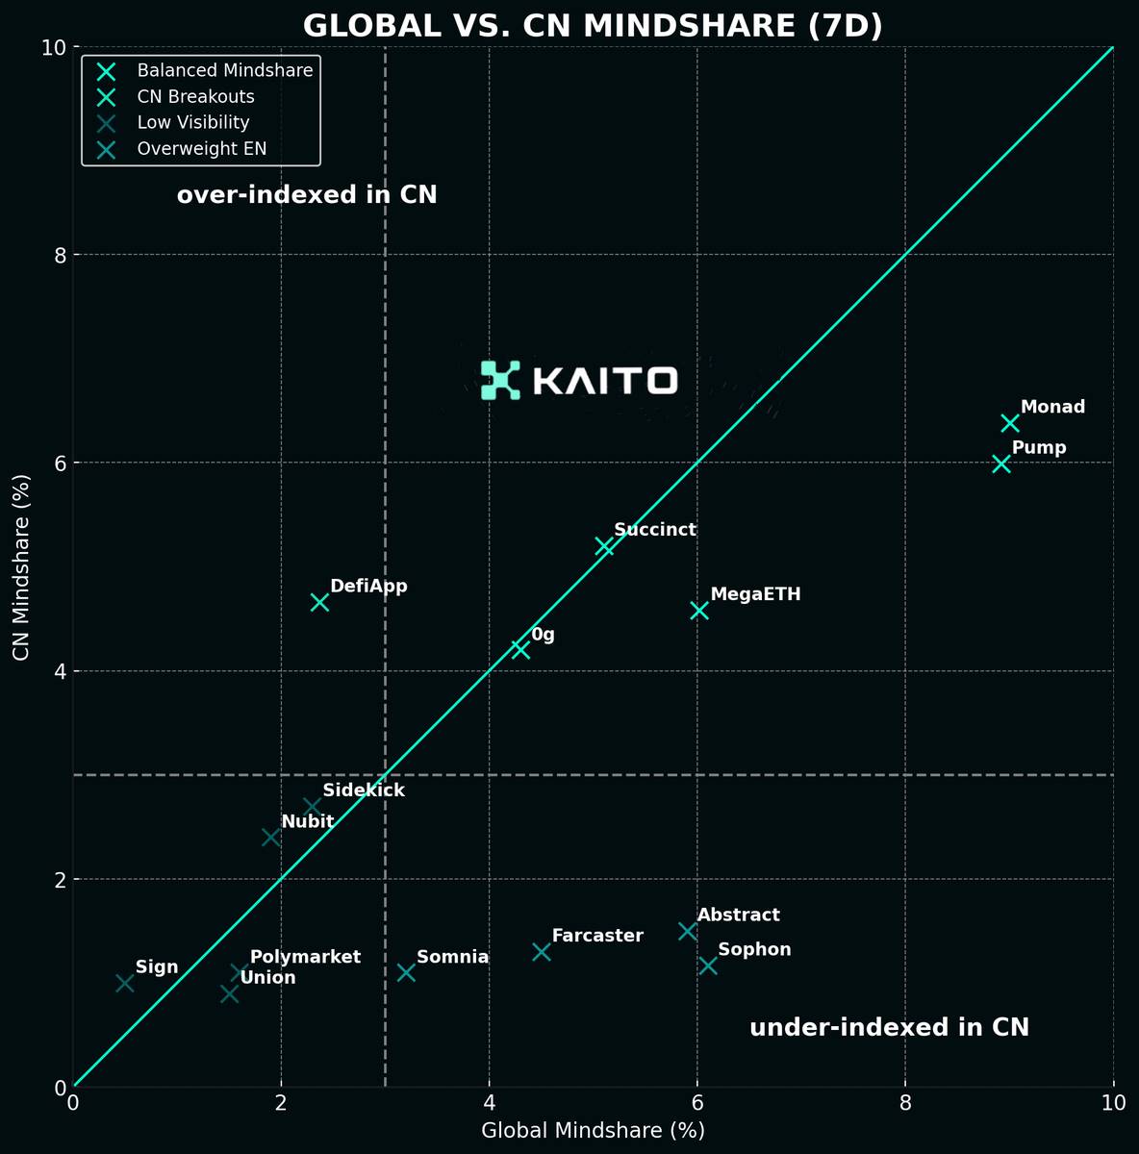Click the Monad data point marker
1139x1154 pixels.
click(1009, 423)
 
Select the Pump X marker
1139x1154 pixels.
click(1000, 464)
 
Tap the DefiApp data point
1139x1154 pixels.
click(319, 602)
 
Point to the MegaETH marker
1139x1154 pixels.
click(699, 611)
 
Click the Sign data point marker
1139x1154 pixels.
click(125, 983)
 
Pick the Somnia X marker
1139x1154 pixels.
click(406, 972)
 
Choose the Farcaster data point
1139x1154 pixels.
click(542, 951)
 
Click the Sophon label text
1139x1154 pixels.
click(754, 950)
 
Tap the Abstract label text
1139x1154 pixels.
click(738, 916)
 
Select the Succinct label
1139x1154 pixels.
click(654, 530)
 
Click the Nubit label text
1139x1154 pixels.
click(307, 821)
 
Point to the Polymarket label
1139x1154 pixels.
click(305, 957)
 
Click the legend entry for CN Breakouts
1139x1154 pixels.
click(195, 96)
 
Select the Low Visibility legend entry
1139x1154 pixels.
click(192, 122)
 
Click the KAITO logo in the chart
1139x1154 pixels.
click(579, 380)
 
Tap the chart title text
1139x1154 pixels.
click(593, 25)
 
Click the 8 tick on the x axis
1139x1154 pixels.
click(905, 1102)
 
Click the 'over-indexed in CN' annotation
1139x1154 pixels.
click(307, 195)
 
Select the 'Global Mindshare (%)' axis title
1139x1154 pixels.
click(593, 1131)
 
